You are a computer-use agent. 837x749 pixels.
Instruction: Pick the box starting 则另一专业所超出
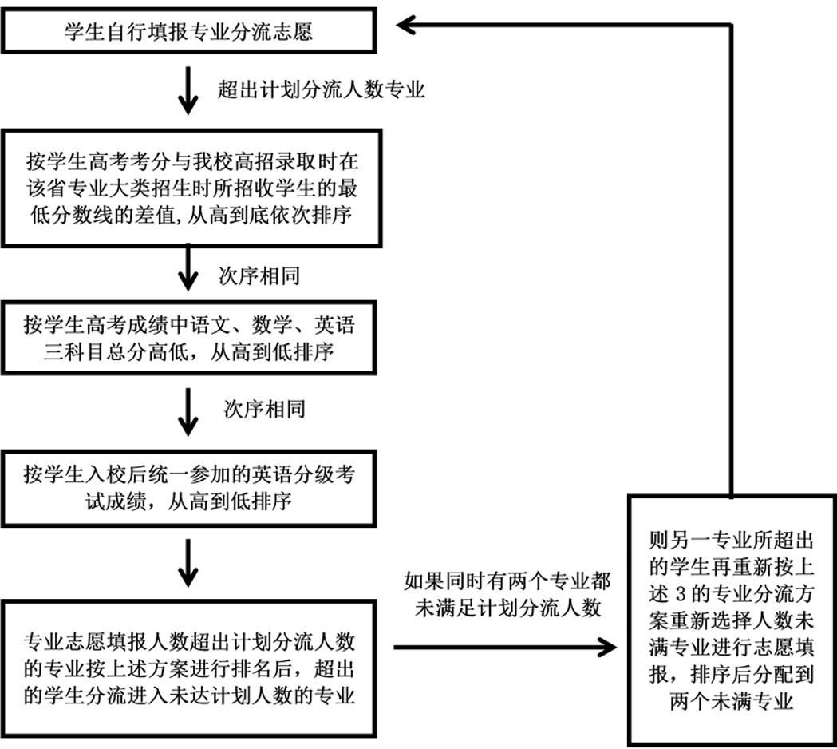(732, 619)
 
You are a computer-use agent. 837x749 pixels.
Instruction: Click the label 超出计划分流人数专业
(321, 89)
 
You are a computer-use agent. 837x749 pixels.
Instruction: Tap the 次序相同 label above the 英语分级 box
(264, 410)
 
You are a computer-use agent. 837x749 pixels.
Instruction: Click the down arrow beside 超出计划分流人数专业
(188, 89)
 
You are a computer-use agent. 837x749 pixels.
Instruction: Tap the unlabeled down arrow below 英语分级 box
(188, 561)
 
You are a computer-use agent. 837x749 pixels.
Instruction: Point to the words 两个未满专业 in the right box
(732, 703)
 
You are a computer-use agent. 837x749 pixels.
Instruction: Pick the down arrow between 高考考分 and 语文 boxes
(188, 267)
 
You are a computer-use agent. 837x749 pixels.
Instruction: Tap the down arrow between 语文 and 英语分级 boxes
(188, 410)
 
